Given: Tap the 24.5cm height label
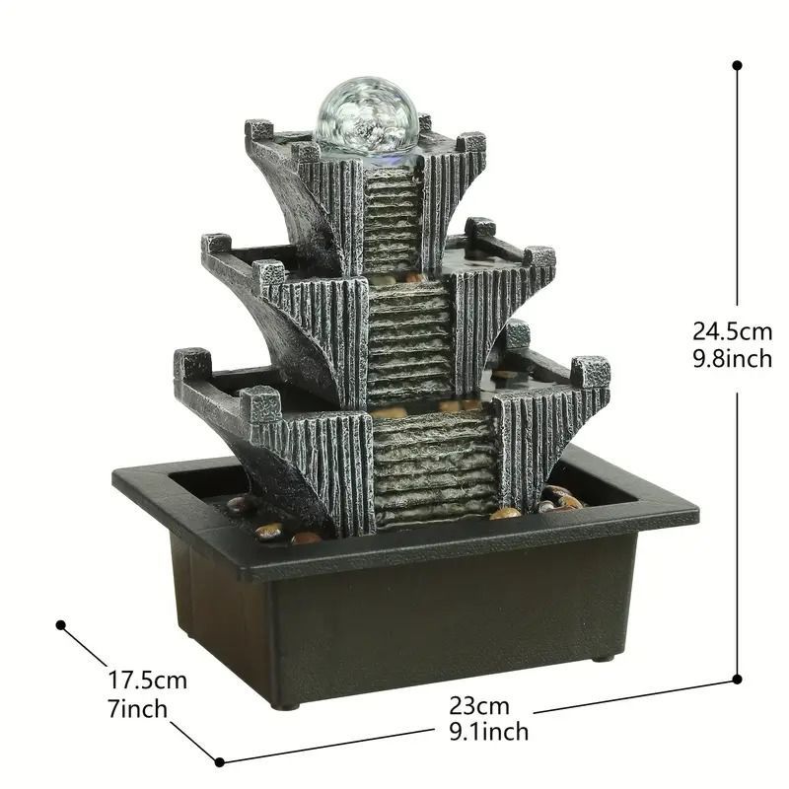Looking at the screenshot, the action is point(732,331).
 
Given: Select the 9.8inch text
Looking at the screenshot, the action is point(732,359).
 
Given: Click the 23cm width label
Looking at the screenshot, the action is point(479,705).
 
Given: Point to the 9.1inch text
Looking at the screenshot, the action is point(488,731).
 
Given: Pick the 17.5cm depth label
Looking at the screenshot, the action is point(147,681).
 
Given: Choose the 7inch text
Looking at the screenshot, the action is point(137,708).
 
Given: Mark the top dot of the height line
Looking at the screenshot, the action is point(737,65).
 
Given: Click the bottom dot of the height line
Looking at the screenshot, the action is point(737,680).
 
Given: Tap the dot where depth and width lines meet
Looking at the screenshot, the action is point(219,761).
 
